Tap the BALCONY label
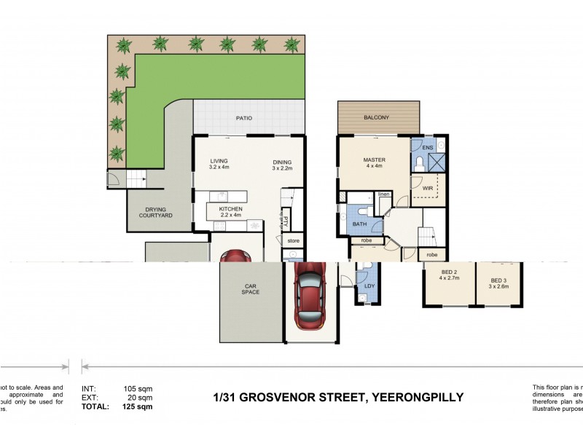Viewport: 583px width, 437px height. pos(377,118)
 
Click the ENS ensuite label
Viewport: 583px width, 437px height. pos(428,148)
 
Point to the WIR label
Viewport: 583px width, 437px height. pos(428,189)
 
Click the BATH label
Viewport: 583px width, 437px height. pos(359,224)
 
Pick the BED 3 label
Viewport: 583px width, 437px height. pos(498,280)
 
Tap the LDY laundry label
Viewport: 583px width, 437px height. pos(369,286)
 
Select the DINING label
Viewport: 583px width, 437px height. pos(282,162)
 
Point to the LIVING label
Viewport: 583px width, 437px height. pos(219,162)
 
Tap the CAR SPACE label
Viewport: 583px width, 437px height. pos(250,288)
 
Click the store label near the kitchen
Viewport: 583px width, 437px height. pos(293,240)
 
